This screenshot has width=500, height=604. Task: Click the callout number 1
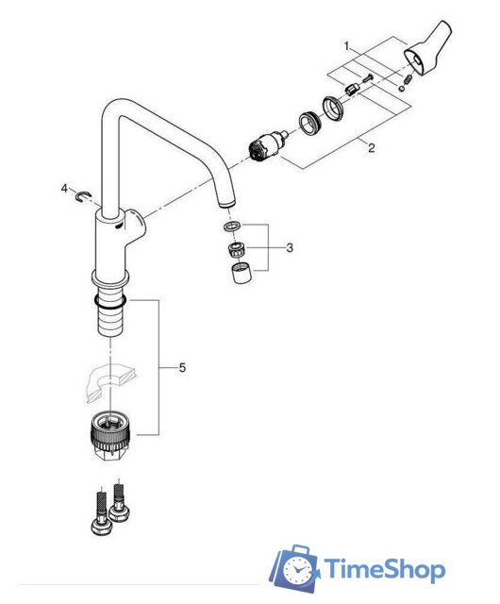pos(346,46)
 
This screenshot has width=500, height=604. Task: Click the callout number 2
pos(371,148)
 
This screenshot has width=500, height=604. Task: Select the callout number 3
pos(290,247)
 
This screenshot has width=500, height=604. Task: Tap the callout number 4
pos(64,189)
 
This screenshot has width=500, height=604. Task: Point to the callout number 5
pos(182,368)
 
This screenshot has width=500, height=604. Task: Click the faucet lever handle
pos(427,48)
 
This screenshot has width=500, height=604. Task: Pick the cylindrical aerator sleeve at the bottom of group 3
pos(242,273)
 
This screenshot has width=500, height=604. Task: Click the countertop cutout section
pos(111,383)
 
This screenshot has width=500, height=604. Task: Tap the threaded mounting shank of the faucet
pos(110,314)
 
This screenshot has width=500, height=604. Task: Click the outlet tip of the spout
pos(226,203)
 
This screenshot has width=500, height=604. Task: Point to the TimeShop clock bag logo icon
pos(295,568)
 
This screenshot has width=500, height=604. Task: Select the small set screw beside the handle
pos(408,80)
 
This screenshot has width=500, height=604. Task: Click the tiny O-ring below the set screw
pos(402,89)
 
